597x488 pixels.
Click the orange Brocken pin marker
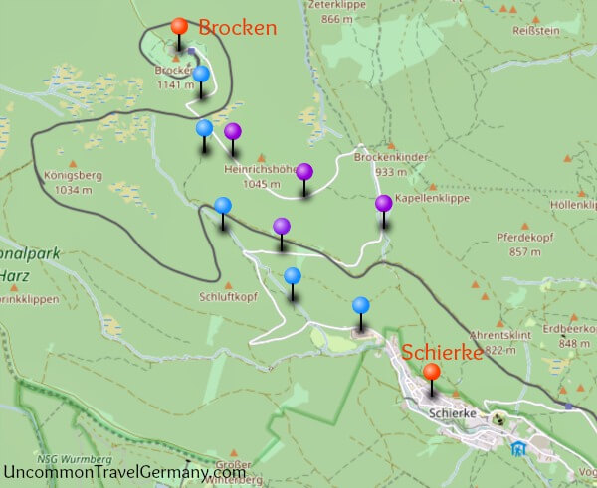[178, 27]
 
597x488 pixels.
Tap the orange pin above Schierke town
[431, 373]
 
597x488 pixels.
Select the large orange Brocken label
[237, 28]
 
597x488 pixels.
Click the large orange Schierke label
[442, 352]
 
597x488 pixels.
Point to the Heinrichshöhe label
[262, 169]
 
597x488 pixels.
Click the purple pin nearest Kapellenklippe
[383, 204]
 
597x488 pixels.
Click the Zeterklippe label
[331, 5]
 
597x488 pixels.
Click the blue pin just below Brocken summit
[201, 75]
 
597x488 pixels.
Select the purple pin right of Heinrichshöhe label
[304, 171]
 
